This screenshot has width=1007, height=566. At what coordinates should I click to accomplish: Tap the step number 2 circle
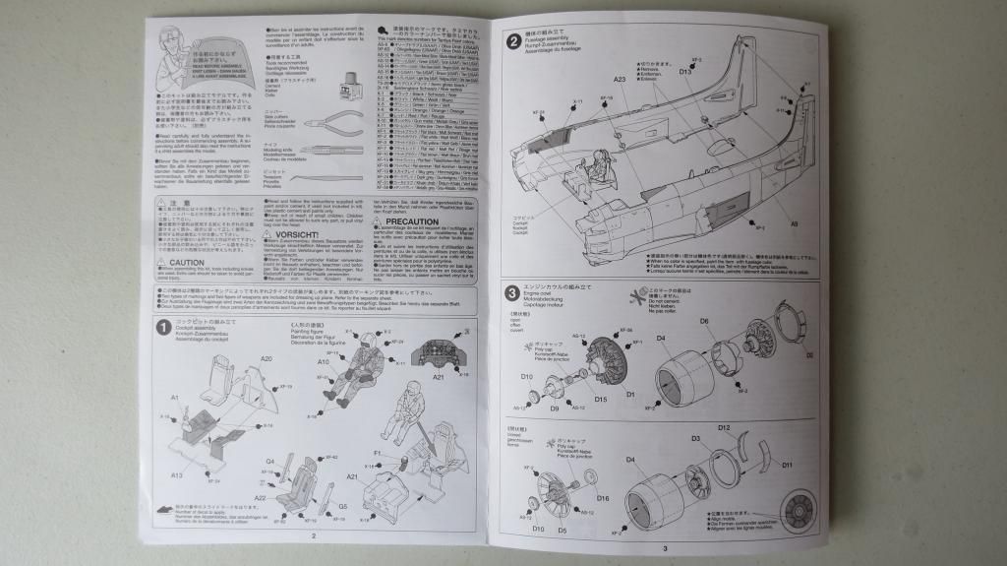pos(513,40)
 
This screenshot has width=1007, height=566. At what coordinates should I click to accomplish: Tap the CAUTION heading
pos(186,263)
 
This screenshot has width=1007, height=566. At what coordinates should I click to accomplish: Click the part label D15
pos(600,399)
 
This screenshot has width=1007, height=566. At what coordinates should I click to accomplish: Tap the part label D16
pos(602,498)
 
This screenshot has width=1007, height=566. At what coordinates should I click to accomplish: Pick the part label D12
pos(723,428)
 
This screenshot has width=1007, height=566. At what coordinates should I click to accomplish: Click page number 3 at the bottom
pos(664,548)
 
